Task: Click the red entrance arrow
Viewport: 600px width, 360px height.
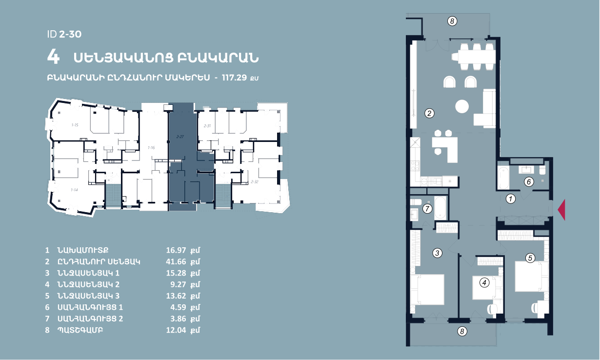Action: (x=562, y=210)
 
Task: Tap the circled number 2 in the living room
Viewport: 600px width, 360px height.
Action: (x=429, y=113)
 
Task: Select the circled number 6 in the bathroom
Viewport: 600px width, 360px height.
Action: (x=529, y=182)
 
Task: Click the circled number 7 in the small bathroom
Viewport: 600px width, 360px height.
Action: (x=427, y=209)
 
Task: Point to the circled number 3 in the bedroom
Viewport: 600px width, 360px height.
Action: (x=438, y=253)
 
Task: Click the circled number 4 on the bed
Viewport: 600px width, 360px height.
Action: (x=484, y=282)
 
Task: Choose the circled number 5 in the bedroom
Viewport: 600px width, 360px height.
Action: (x=530, y=258)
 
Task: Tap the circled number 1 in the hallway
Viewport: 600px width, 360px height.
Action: (x=511, y=199)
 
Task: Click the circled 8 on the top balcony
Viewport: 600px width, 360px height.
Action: (x=452, y=21)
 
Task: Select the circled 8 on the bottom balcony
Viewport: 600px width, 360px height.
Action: (x=462, y=331)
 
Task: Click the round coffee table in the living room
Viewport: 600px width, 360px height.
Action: (x=462, y=106)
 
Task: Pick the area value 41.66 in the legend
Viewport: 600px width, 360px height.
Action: (x=176, y=261)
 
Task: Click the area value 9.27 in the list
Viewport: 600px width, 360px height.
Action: (x=178, y=284)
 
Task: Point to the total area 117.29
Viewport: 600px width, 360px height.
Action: (x=234, y=78)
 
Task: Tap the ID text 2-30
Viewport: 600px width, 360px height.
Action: (x=70, y=34)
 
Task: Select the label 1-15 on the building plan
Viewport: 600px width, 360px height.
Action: (x=75, y=125)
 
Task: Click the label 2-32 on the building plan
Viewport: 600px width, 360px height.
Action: (x=255, y=181)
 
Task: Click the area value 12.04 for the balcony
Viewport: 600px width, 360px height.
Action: (x=176, y=330)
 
